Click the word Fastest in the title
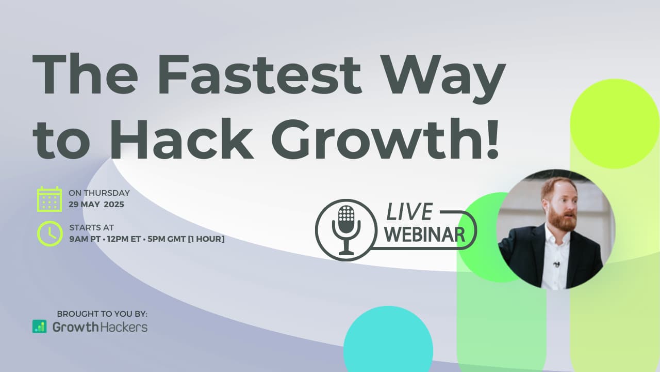[260, 74]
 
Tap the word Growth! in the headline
[385, 139]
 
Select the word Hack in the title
[181, 139]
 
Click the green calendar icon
[49, 199]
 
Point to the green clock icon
[50, 234]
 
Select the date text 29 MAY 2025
[96, 204]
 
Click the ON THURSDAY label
[100, 193]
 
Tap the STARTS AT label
[92, 228]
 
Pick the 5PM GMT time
[167, 239]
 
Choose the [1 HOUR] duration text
[206, 239]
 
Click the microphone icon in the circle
[346, 230]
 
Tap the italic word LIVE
[409, 212]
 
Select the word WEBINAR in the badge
[425, 235]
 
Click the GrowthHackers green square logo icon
[40, 327]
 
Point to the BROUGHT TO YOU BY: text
[102, 314]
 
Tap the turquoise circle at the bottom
[388, 339]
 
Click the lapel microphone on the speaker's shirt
[556, 264]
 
